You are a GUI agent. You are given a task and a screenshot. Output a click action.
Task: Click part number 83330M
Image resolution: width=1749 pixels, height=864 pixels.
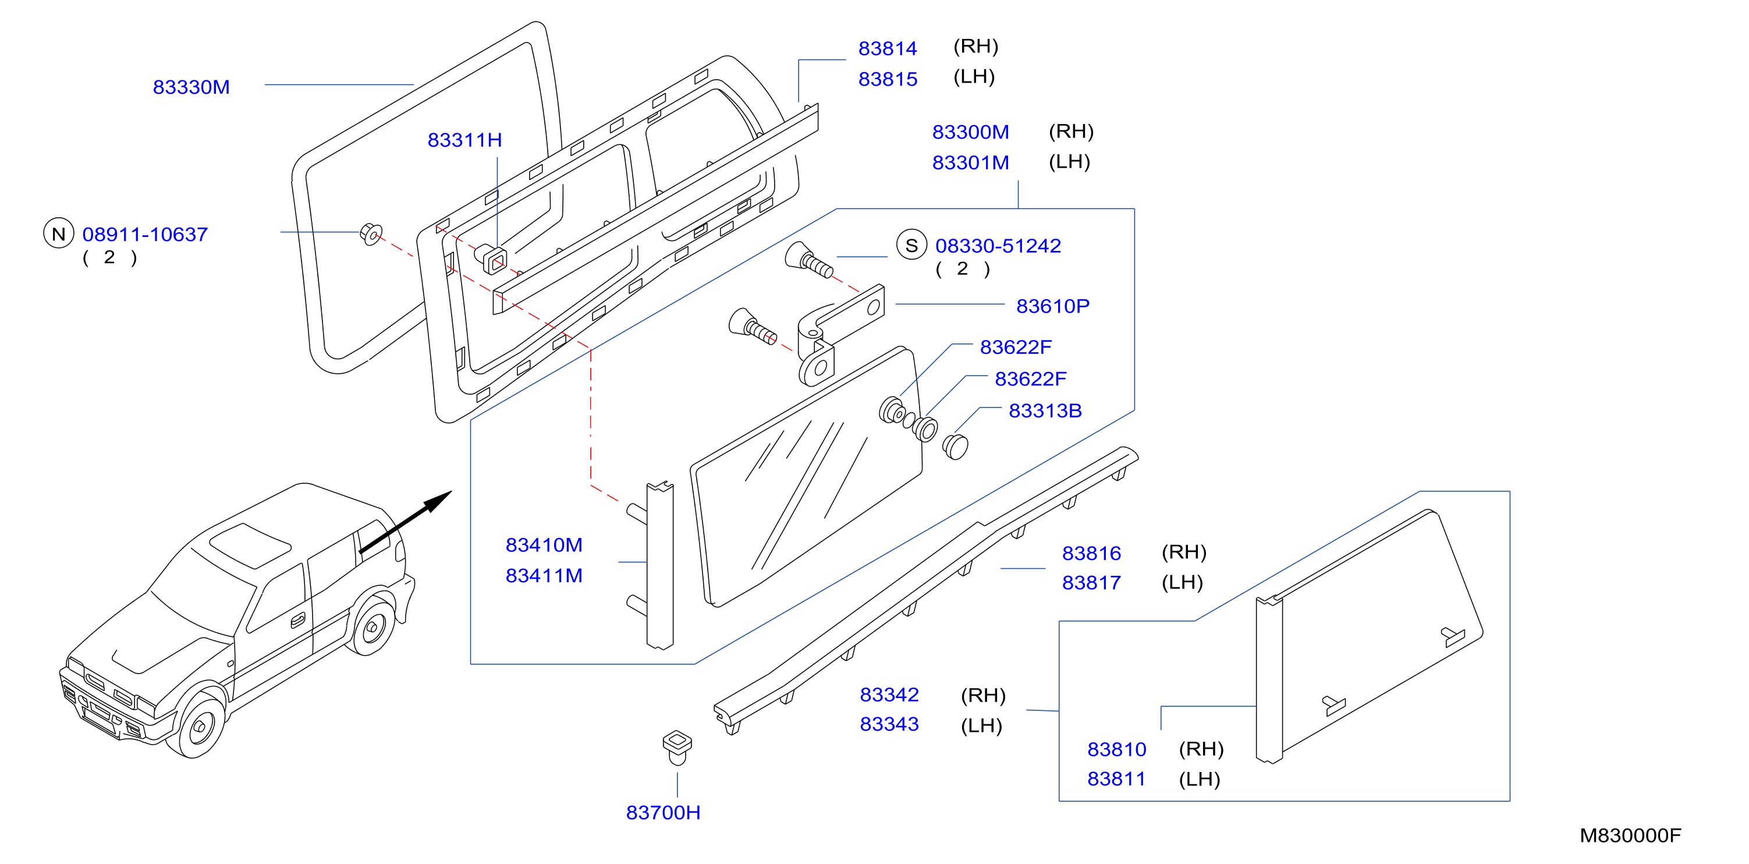pos(191,87)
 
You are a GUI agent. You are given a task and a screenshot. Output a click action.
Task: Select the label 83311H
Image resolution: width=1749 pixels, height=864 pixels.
pos(464,140)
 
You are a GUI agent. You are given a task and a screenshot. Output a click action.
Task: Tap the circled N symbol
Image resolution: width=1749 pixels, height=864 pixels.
pos(58,233)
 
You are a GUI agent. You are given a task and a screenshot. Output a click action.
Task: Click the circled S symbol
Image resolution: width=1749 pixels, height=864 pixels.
pos(911,245)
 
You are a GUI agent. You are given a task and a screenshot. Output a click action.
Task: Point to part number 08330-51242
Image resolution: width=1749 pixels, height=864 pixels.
pos(998,246)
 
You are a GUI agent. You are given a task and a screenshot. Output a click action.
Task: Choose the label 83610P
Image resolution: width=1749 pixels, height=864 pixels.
pos(1052,306)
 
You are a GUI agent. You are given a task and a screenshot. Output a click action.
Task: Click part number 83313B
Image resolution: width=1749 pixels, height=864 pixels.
pos(1045,411)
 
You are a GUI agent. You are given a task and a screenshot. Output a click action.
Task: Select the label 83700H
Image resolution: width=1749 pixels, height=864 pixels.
pos(664,812)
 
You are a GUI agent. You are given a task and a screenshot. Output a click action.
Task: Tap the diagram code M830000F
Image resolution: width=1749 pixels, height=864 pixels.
pos(1630,835)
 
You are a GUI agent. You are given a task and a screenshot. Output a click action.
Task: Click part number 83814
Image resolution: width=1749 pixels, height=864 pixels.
pos(888,49)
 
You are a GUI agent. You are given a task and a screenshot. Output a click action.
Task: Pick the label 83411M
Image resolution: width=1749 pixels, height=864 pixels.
pos(544,576)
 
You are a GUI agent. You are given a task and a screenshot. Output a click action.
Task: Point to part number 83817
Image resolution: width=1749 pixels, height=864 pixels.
pos(1091,583)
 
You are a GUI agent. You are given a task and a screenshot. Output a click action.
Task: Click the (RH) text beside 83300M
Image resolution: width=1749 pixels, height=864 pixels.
pos(1071,131)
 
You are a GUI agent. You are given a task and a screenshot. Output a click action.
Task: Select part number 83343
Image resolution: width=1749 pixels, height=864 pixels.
pos(889,724)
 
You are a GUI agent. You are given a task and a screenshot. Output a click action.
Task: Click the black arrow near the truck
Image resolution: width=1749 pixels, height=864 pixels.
pos(405,522)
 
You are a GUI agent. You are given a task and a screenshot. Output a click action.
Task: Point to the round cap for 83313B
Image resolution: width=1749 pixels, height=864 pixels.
pos(955,446)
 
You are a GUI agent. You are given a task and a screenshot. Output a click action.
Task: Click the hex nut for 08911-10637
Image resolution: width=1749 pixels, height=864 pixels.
pos(371,233)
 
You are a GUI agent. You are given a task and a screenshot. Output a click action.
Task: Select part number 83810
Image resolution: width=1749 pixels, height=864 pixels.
pos(1116,749)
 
